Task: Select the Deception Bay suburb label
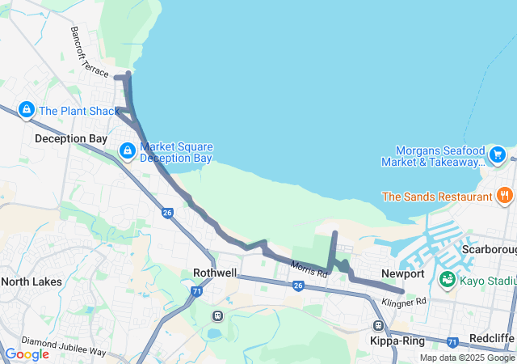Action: tap(71, 138)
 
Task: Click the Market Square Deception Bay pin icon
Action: tap(128, 151)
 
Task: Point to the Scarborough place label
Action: tap(489, 249)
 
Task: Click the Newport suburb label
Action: tap(403, 273)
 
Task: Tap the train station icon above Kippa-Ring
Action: tap(378, 325)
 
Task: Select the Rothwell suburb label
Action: tap(215, 273)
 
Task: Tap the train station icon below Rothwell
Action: tap(216, 315)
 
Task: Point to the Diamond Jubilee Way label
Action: tap(63, 345)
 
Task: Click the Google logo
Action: tap(27, 353)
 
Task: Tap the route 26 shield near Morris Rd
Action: tap(298, 286)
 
